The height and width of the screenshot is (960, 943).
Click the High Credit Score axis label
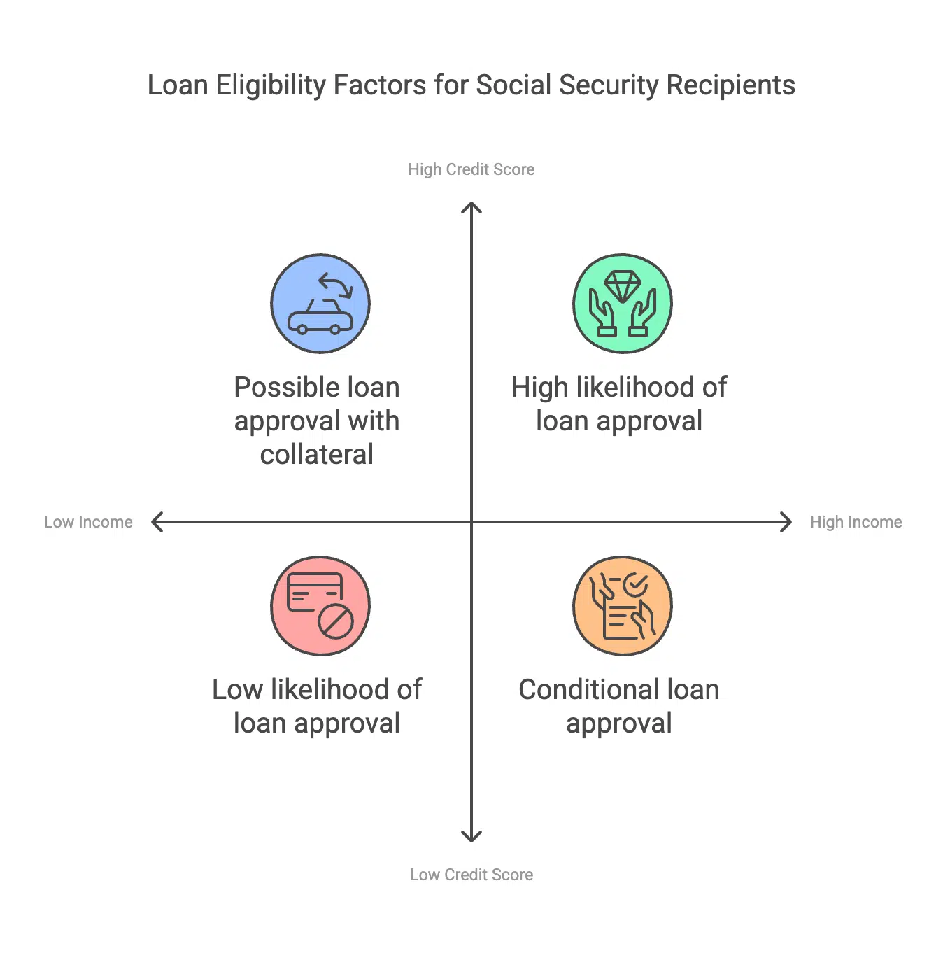click(471, 169)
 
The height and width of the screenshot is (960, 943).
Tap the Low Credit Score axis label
click(471, 875)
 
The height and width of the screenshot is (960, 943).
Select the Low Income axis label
click(88, 522)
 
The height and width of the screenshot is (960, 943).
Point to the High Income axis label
click(856, 522)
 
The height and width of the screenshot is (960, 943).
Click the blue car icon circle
click(320, 304)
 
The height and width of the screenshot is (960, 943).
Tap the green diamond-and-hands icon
click(623, 304)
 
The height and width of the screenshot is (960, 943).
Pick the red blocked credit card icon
click(320, 606)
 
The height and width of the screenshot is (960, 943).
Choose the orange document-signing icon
click(623, 606)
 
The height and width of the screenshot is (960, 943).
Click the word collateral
click(317, 455)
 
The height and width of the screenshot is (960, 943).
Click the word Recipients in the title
click(730, 85)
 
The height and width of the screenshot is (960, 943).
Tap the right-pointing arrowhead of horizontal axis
click(788, 522)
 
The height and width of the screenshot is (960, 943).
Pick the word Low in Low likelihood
click(237, 690)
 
